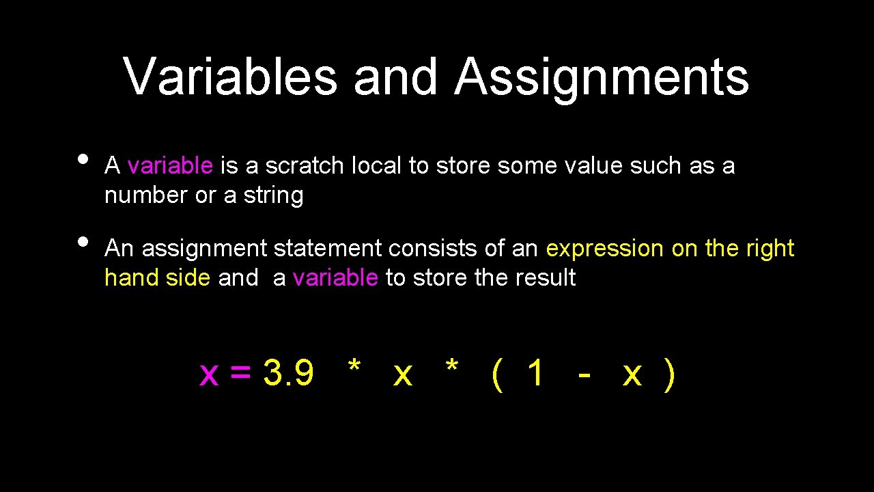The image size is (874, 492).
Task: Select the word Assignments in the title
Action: point(602,77)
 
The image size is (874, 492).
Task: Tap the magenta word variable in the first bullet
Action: point(170,166)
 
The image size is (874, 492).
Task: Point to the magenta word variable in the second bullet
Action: point(335,278)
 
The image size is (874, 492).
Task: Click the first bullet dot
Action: point(83,159)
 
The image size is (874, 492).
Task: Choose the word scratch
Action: point(305,166)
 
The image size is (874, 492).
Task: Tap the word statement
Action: point(328,249)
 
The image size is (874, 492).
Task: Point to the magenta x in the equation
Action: point(208,374)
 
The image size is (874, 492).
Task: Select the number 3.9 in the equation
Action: point(288,373)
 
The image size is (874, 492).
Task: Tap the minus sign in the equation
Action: point(584,374)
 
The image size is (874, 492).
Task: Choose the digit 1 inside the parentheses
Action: point(536,373)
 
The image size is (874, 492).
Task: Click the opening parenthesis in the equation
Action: point(497,374)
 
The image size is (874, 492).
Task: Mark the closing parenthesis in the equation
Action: point(670,374)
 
